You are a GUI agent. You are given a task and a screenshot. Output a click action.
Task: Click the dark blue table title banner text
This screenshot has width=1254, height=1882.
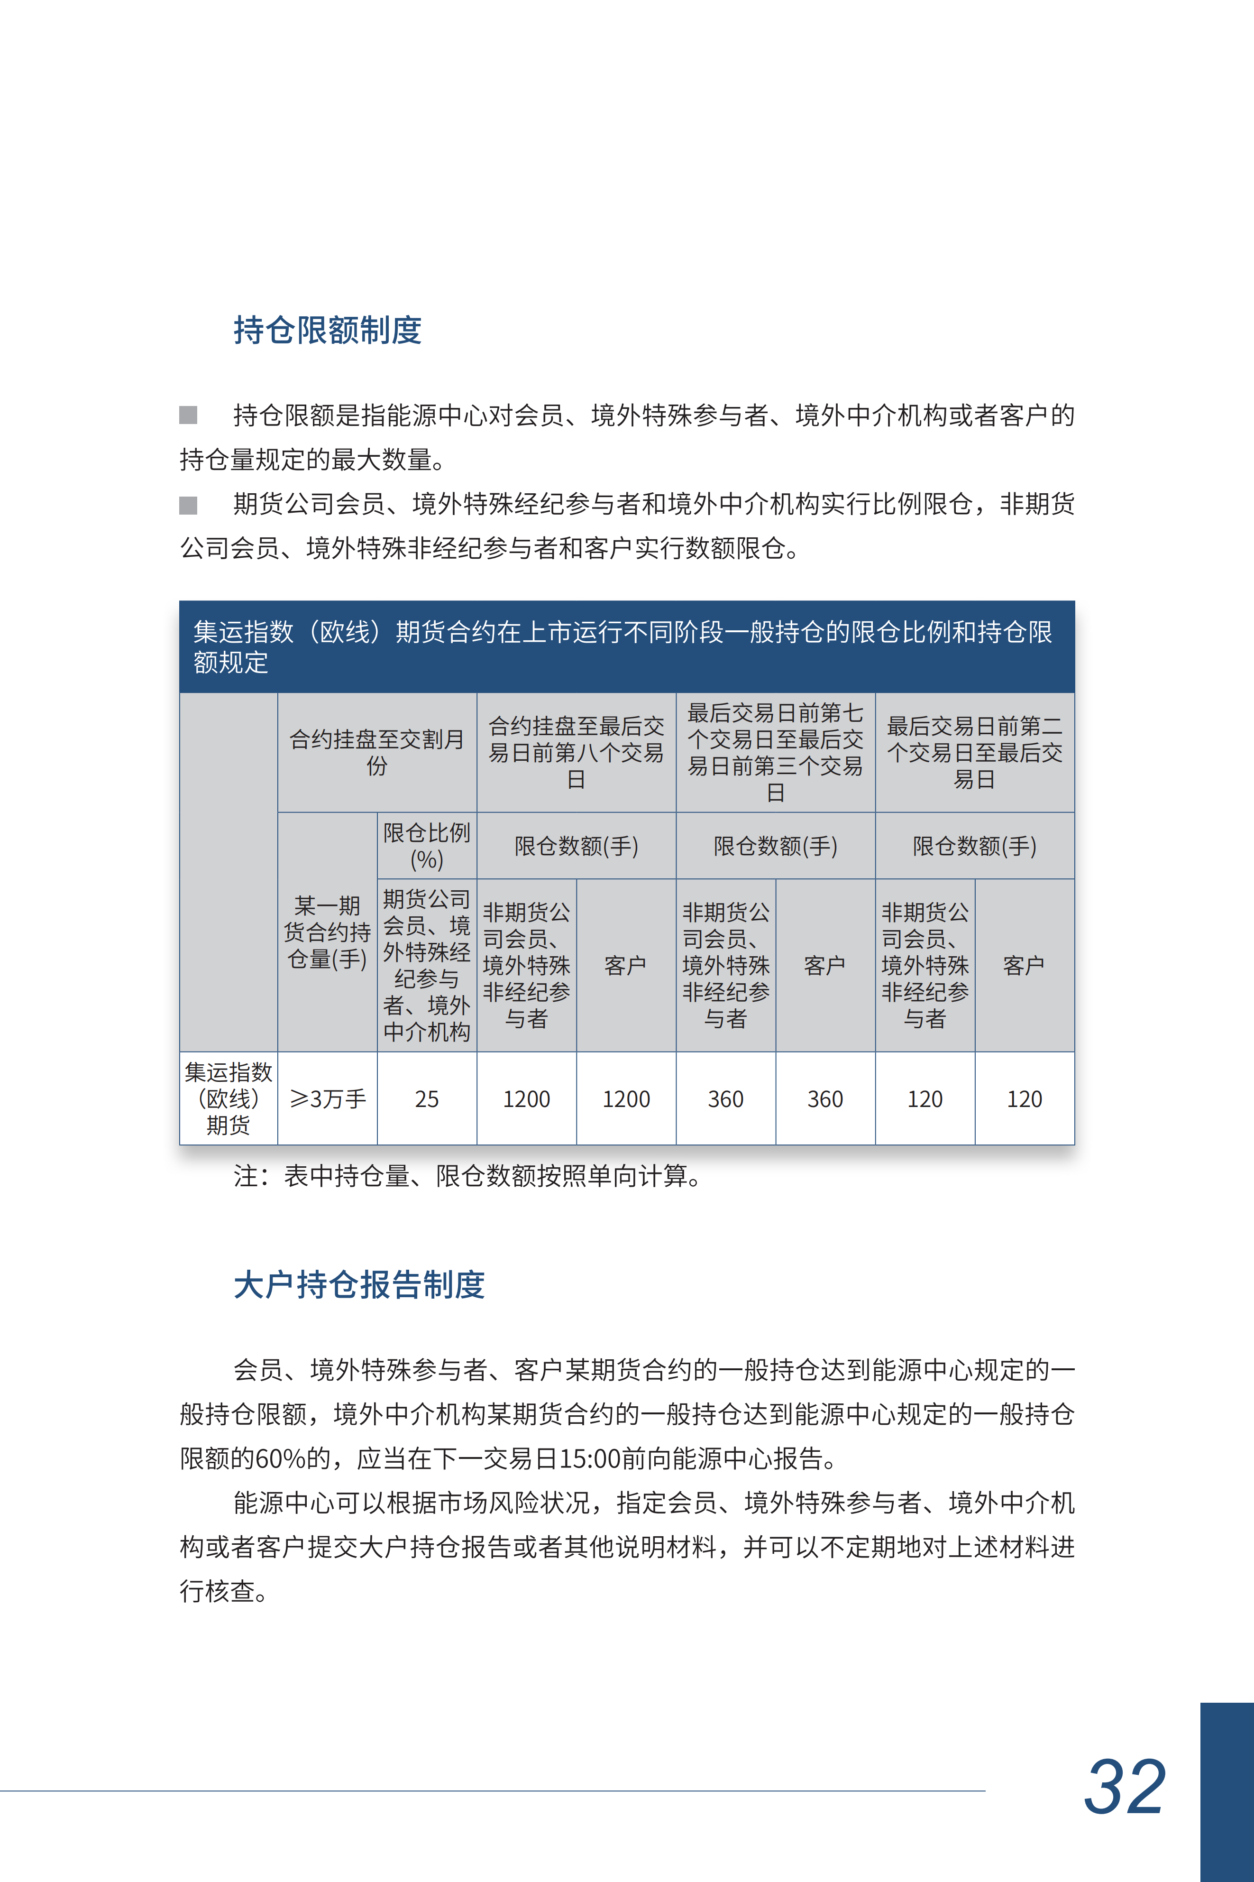click(x=622, y=646)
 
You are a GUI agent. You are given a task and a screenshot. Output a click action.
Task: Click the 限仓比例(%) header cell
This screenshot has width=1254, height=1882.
click(x=426, y=845)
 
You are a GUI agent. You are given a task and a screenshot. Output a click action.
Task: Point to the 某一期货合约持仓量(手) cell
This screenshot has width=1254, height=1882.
click(x=327, y=932)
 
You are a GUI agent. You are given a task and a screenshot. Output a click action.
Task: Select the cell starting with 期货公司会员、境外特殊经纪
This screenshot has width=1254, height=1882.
click(x=426, y=965)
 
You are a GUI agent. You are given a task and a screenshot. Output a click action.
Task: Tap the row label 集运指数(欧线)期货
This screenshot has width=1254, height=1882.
click(x=229, y=1098)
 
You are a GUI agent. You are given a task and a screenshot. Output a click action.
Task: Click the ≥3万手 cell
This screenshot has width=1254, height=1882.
click(x=327, y=1098)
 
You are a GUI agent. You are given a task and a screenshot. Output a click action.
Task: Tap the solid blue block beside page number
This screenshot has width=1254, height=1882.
click(x=1227, y=1791)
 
